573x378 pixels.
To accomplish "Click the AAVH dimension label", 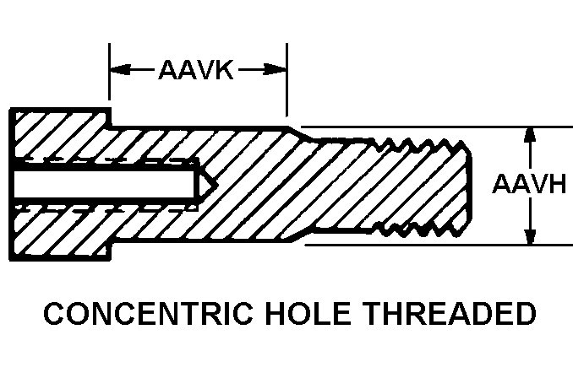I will [529, 184].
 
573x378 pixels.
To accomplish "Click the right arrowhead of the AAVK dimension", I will [278, 69].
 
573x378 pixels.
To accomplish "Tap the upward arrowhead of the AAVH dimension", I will [530, 135].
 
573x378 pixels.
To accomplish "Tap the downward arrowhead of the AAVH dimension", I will [530, 236].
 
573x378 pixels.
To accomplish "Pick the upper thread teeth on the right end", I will [423, 143].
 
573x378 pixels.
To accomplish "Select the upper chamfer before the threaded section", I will [300, 133].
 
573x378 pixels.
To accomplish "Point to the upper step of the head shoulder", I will [110, 118].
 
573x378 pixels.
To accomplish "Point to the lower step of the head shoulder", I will [110, 251].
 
